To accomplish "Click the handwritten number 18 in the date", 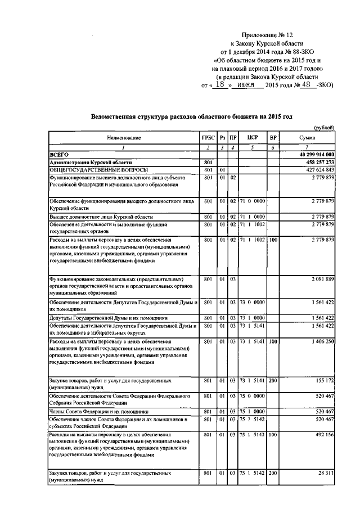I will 222,84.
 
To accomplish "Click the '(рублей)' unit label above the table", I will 325,128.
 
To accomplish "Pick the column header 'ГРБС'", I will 208,138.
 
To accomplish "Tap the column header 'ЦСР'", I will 252,138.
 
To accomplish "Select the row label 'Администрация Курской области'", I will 87,162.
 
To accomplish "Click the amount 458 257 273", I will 318,162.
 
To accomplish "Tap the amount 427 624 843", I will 318,170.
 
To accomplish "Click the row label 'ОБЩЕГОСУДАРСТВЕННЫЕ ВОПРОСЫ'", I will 91,170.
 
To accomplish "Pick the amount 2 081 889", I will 322,279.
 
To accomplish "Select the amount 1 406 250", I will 322,341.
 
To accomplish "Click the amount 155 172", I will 325,381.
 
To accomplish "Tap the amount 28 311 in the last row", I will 326,474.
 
